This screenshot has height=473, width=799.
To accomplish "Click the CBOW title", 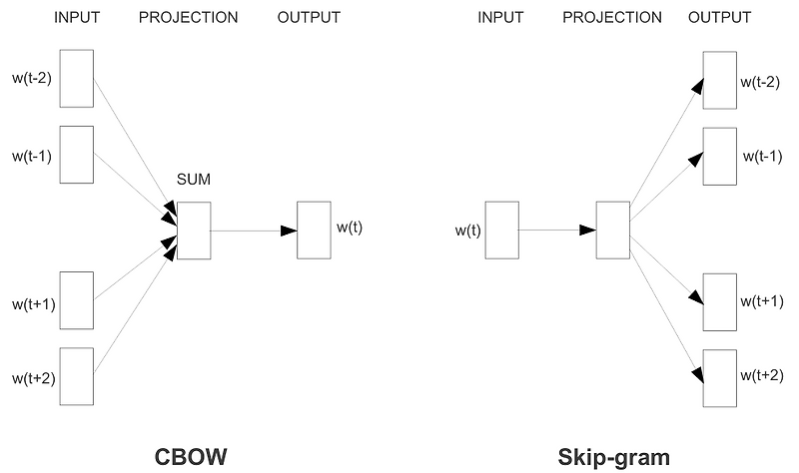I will (x=191, y=457).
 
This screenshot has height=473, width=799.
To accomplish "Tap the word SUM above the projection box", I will (x=193, y=180).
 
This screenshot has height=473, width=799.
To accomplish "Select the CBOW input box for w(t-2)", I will (x=76, y=79).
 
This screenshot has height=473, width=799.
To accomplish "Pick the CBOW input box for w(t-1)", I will (x=76, y=154).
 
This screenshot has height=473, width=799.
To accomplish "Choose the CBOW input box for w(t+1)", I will (x=76, y=299).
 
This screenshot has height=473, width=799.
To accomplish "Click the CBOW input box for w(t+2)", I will (x=76, y=376).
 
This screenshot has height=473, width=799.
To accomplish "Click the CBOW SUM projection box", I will (x=194, y=231).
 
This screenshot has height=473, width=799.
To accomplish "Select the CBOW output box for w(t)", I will (x=314, y=231).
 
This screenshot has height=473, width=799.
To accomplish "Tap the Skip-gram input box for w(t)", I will (x=501, y=231).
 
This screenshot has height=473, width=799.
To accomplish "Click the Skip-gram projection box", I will (x=612, y=231).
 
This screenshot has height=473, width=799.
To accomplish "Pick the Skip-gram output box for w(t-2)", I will (x=720, y=79).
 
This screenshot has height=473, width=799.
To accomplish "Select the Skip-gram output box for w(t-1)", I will (x=720, y=156).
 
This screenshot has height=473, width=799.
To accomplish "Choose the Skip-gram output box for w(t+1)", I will (x=720, y=300).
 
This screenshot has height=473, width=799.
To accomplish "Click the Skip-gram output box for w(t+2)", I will (x=720, y=376).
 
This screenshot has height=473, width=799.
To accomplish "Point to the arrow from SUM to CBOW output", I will (x=254, y=231).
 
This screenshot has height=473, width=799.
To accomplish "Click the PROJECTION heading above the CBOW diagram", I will (x=188, y=18).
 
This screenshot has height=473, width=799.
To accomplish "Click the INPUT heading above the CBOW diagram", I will (x=77, y=18).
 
